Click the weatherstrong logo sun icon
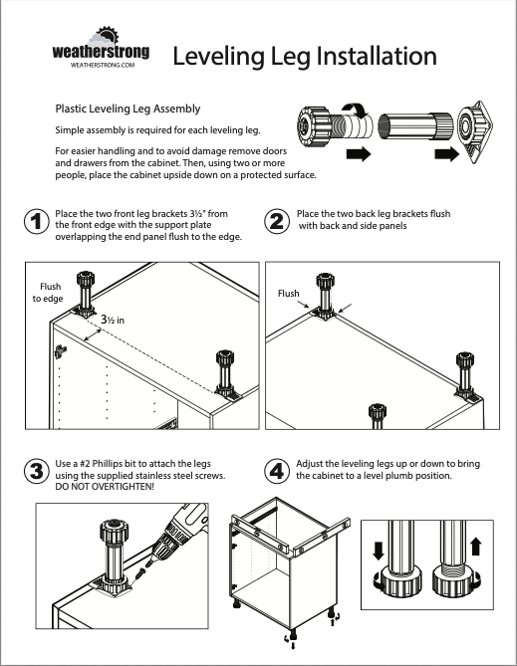(x=108, y=35)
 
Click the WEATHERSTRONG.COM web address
(x=103, y=65)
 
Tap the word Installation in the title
(x=376, y=56)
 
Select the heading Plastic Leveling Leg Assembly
(x=128, y=109)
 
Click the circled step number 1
(x=37, y=221)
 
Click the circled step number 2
(x=277, y=221)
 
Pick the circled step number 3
(x=37, y=471)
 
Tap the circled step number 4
(x=277, y=471)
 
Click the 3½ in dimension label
(x=113, y=320)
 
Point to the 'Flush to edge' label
(x=48, y=293)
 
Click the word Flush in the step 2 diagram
(x=288, y=294)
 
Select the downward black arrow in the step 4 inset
(x=378, y=551)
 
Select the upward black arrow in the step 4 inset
(x=476, y=547)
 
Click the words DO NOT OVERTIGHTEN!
(x=105, y=487)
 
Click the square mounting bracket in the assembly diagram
(x=476, y=131)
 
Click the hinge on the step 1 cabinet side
(x=60, y=350)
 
